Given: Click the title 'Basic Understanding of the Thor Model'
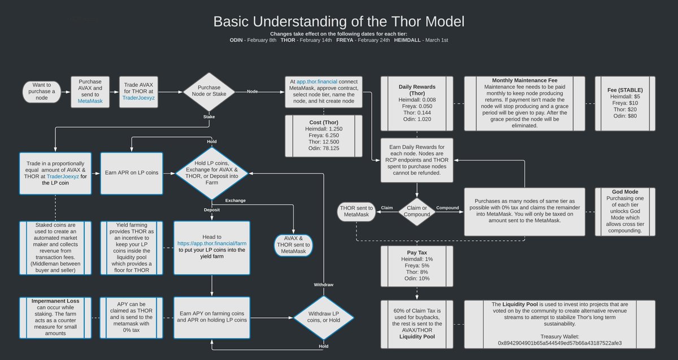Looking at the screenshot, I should tap(339, 23).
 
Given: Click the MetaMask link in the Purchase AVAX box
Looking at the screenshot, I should tap(90, 101).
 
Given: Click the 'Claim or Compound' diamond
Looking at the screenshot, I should tap(416, 211).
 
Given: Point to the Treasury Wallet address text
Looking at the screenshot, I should tap(559, 342).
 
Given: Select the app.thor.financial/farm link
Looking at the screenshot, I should tap(212, 244).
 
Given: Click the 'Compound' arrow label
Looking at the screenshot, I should tap(447, 207).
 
